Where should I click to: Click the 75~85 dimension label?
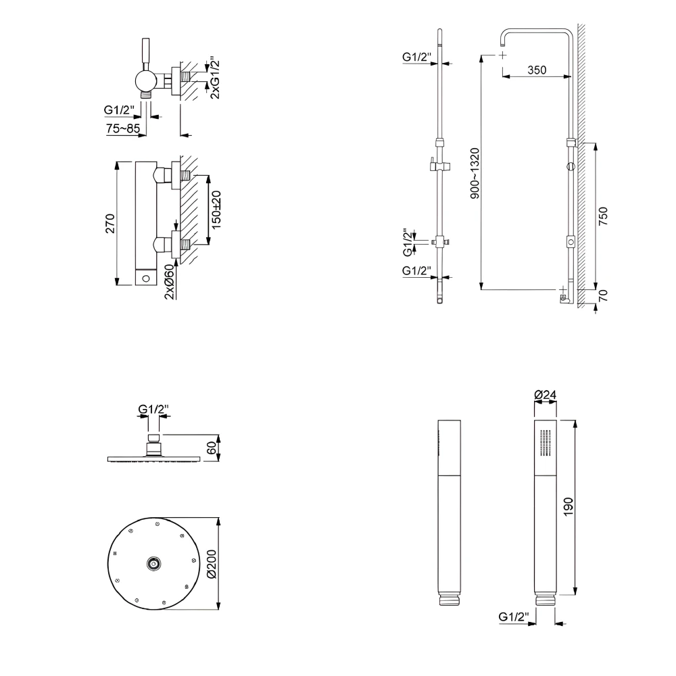(x=122, y=128)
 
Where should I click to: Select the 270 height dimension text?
(x=110, y=223)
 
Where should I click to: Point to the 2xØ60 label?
(x=169, y=280)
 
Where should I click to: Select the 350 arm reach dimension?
(x=537, y=70)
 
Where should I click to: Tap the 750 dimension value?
(x=604, y=215)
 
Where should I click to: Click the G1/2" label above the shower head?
(x=153, y=409)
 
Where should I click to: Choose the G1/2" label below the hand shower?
(x=513, y=617)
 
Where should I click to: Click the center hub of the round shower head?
(x=153, y=564)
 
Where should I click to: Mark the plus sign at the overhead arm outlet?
(x=503, y=55)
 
